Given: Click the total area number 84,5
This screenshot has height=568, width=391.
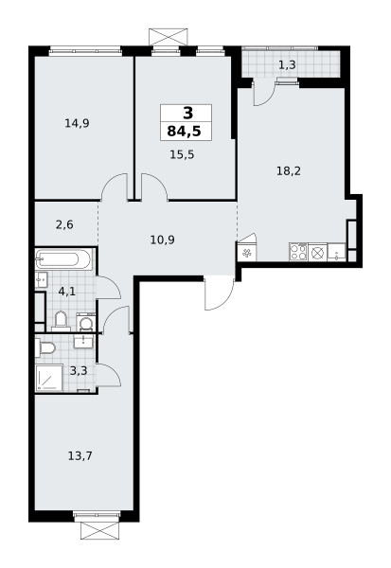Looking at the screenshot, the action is [184, 132].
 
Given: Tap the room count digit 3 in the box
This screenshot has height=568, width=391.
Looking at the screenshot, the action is [188, 114].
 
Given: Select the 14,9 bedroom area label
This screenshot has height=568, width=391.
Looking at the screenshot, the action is [77, 123].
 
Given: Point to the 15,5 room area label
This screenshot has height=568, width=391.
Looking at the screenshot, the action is [182, 154].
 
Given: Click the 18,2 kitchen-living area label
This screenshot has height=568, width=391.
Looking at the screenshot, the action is [289, 170].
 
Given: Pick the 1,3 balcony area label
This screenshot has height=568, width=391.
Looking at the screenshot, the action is [287, 64].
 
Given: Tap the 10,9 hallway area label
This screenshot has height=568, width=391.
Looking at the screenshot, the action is [162, 240].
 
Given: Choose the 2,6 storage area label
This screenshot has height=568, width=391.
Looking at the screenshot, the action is [64, 225].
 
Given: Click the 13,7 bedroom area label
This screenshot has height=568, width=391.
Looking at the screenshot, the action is [80, 455].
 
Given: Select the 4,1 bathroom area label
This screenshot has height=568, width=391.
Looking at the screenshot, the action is [67, 291].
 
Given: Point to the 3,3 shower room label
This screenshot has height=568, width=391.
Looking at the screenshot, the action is [79, 371].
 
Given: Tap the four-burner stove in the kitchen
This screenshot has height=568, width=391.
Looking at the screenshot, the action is [298, 252].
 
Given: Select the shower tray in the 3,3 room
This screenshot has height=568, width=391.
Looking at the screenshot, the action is [49, 378].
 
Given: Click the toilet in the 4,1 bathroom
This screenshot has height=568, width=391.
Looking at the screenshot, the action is [61, 322].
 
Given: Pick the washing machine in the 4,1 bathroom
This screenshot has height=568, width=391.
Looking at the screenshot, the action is [86, 323].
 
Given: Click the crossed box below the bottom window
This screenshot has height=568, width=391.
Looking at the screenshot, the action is [100, 530].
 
